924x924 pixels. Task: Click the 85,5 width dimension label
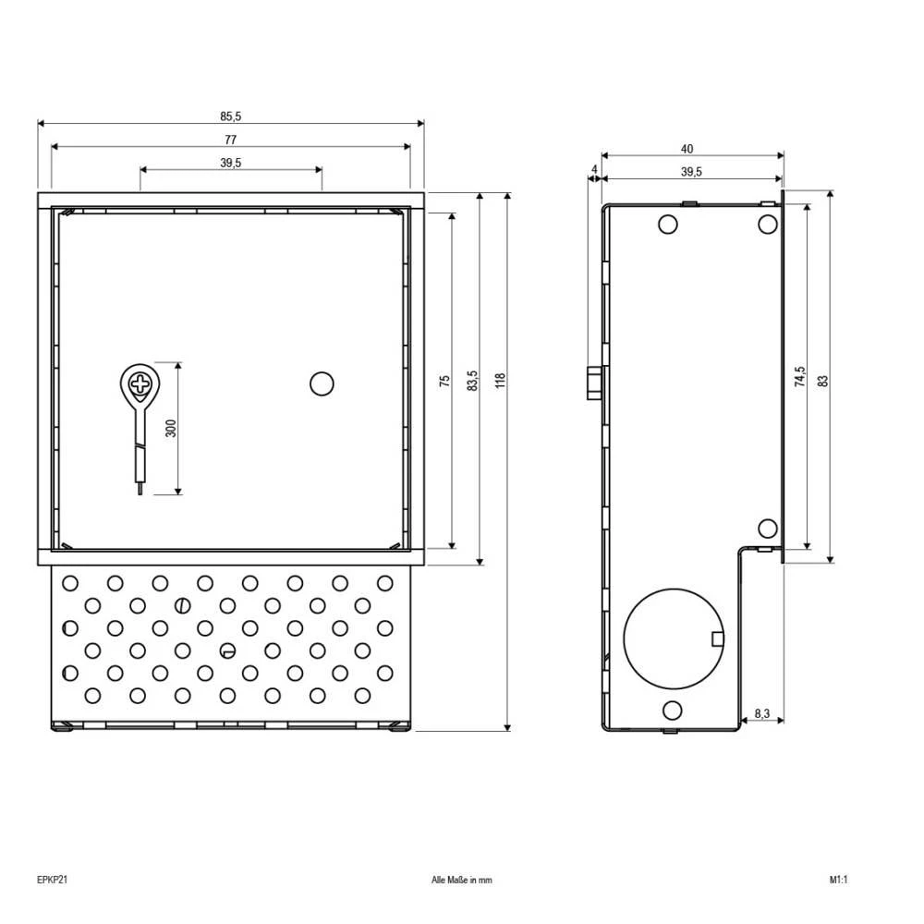pyautogui.click(x=230, y=116)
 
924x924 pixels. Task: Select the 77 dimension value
pyautogui.click(x=230, y=140)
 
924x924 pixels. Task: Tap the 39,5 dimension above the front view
pyautogui.click(x=230, y=163)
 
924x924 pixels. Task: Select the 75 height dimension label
pyautogui.click(x=444, y=380)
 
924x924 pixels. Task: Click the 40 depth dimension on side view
pyautogui.click(x=687, y=149)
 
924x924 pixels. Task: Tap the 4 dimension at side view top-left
pyautogui.click(x=593, y=169)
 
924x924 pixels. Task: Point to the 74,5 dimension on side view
pyautogui.click(x=799, y=379)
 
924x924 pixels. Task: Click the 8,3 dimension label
pyautogui.click(x=761, y=713)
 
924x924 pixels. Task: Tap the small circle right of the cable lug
pyautogui.click(x=321, y=383)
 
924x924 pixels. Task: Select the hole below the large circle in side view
pyautogui.click(x=673, y=710)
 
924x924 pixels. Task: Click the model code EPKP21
pyautogui.click(x=53, y=881)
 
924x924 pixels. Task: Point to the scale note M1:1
pyautogui.click(x=838, y=881)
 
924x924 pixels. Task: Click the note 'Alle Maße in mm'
pyautogui.click(x=462, y=881)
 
